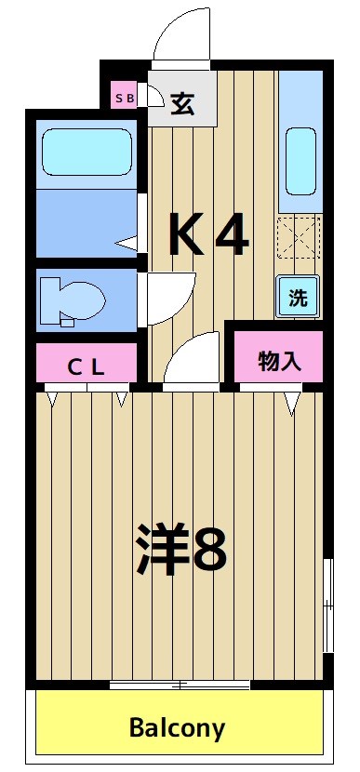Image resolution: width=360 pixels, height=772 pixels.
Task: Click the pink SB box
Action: click(x=124, y=97)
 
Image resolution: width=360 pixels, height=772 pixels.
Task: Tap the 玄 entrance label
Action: click(x=183, y=101)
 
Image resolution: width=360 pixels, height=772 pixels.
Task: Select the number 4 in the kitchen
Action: click(x=232, y=235)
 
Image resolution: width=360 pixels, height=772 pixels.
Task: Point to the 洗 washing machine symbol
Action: click(x=298, y=299)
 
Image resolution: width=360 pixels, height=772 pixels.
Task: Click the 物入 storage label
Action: click(x=278, y=361)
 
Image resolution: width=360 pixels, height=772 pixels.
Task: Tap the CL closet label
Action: click(x=86, y=366)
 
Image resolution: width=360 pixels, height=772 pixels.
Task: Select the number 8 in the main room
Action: click(x=210, y=549)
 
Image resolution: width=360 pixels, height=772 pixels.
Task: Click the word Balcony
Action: click(x=177, y=727)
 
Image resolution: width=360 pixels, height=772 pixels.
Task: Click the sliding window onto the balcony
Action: click(x=180, y=685)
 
